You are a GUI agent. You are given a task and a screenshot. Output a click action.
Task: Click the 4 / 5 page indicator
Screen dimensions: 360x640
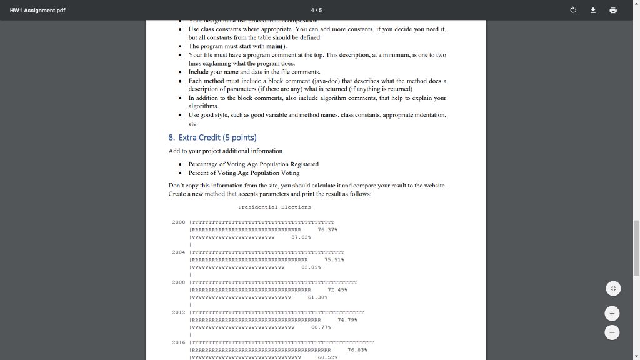(316, 11)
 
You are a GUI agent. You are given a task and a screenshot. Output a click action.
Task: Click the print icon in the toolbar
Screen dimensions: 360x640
(612, 11)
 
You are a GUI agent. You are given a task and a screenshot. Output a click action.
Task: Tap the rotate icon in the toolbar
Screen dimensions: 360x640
(572, 11)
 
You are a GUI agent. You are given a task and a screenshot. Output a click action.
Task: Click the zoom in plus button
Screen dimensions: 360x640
(613, 312)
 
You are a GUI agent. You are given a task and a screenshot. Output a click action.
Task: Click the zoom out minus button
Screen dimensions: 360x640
(613, 332)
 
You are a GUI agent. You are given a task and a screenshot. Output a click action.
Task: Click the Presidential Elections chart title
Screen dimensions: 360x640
(274, 207)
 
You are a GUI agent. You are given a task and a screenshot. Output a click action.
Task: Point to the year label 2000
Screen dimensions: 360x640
(178, 222)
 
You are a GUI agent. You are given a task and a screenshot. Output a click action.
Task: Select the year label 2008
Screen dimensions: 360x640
(178, 282)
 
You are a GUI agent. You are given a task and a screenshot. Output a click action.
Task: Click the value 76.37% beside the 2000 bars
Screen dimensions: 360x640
(328, 229)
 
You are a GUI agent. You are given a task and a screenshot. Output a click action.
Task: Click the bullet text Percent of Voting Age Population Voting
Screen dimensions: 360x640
(244, 172)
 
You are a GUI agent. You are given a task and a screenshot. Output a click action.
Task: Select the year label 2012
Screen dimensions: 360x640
(178, 312)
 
